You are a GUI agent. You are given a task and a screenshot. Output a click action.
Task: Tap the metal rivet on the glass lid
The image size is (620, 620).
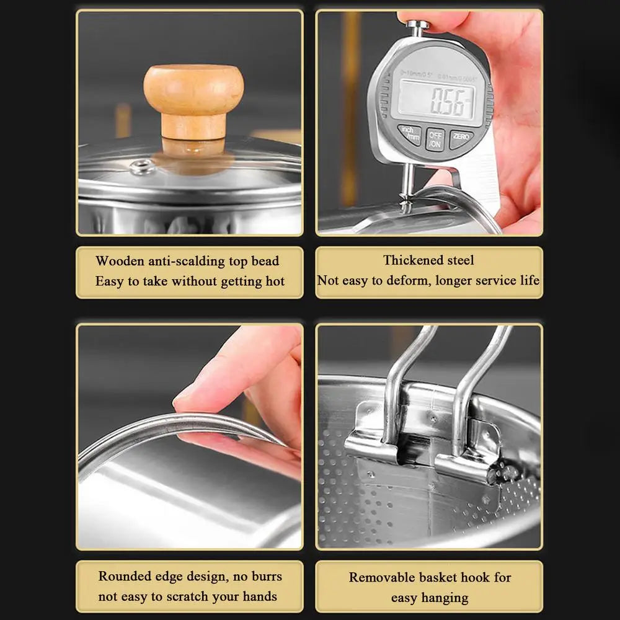(x=141, y=166)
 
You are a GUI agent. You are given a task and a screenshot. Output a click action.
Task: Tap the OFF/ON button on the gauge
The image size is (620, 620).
(x=435, y=139)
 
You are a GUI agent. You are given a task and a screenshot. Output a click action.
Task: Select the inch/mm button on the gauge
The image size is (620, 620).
(x=410, y=135)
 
